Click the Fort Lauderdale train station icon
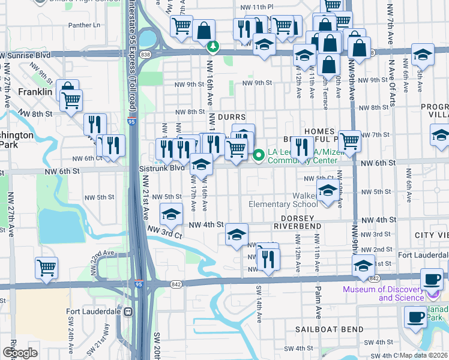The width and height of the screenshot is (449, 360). (x=128, y=312)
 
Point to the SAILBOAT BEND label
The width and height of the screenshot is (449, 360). (x=329, y=329)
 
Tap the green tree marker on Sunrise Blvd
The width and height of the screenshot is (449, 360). (x=211, y=46)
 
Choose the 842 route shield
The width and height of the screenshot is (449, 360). (x=175, y=284)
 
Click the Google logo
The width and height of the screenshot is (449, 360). (x=20, y=353)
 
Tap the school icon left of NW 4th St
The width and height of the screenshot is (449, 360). (x=171, y=214)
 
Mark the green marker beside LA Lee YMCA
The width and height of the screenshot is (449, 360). (x=259, y=155)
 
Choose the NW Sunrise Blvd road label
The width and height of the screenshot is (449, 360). (x=25, y=55)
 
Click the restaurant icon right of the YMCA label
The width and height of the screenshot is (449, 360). (x=301, y=146)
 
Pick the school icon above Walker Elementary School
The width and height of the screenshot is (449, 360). (x=327, y=192)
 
